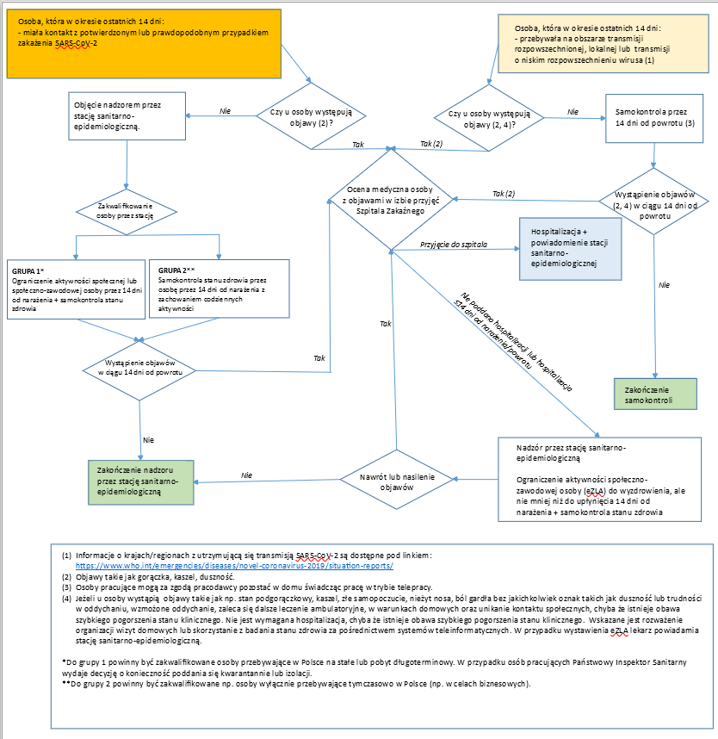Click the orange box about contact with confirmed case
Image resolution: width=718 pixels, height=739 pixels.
point(144,43)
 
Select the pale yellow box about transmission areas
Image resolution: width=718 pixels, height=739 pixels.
point(603,43)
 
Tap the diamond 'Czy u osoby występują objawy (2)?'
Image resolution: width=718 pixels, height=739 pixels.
point(311,116)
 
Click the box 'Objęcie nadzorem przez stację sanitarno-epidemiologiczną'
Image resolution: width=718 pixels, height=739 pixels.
point(127,116)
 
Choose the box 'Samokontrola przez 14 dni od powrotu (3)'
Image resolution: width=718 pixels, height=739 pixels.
point(654,118)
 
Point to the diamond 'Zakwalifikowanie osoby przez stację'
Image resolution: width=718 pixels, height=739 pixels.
point(127,212)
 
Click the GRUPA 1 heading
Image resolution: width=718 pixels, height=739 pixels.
point(28,271)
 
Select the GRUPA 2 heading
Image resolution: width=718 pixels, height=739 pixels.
point(176,270)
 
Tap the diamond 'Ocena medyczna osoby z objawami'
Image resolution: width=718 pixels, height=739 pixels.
point(391,199)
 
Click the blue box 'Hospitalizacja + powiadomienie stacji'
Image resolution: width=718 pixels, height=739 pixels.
point(570,249)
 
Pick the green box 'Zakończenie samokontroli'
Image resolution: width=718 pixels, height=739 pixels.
point(655,394)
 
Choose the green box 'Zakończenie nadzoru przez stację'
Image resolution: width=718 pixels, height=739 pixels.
point(141,482)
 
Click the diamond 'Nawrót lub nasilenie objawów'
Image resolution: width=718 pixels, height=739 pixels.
point(397,480)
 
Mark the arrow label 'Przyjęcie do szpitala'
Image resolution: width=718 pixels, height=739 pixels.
point(453,244)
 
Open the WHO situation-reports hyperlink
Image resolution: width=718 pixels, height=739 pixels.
point(234,566)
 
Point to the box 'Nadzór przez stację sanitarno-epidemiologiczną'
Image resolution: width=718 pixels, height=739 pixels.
point(599,479)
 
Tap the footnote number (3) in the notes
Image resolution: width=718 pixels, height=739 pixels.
point(66,587)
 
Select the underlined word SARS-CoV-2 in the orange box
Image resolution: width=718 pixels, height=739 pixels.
point(76,43)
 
